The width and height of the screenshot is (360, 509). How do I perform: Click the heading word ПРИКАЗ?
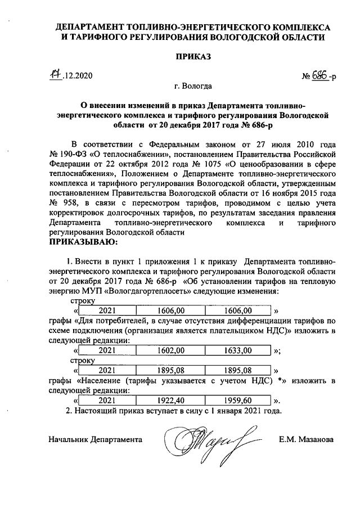pyautogui.click(x=193, y=57)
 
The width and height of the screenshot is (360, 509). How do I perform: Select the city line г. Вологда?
pyautogui.click(x=193, y=87)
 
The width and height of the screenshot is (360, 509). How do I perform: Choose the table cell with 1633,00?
pyautogui.click(x=237, y=350)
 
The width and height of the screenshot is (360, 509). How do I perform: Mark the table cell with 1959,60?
pyautogui.click(x=237, y=401)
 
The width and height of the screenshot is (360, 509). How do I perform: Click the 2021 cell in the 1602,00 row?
pyautogui.click(x=107, y=350)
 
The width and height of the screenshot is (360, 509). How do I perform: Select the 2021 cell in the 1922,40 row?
pyautogui.click(x=107, y=401)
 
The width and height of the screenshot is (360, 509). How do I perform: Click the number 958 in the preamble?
pyautogui.click(x=78, y=202)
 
